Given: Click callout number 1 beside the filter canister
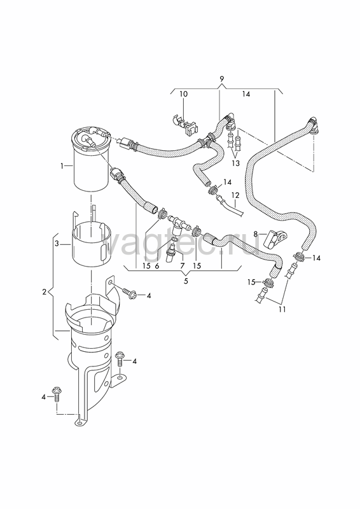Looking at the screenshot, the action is click(61, 166).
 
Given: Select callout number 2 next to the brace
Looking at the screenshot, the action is click(45, 292).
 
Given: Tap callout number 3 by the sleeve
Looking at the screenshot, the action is click(57, 244).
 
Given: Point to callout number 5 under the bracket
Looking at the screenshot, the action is click(186, 281).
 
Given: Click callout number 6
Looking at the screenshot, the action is click(157, 266).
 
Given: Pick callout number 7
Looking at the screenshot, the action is click(182, 266).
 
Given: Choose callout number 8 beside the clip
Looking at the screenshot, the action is click(256, 234).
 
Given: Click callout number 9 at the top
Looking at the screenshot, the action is click(222, 78).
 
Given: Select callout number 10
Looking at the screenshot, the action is click(183, 94).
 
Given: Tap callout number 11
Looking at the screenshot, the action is click(282, 309).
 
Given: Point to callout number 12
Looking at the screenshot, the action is click(235, 195).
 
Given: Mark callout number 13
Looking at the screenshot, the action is click(236, 164).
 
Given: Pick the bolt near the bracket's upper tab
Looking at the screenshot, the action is click(129, 293).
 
